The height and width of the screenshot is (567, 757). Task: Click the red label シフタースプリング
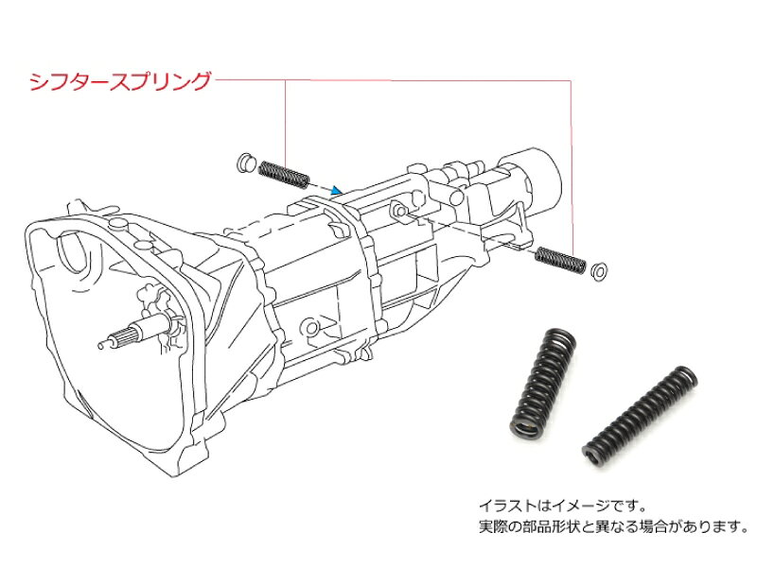[x=121, y=81]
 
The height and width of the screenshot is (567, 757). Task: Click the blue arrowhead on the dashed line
[x=337, y=191]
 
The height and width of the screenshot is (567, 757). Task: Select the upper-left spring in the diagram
[x=285, y=174]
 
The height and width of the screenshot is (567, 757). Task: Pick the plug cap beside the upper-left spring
[x=246, y=163]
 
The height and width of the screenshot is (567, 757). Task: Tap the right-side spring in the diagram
[x=560, y=259]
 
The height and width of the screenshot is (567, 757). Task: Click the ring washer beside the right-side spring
[x=599, y=271]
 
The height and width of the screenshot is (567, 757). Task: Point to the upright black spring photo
[x=543, y=384]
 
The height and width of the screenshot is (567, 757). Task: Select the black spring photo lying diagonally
[x=640, y=417]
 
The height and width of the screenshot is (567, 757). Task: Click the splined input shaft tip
[x=102, y=345]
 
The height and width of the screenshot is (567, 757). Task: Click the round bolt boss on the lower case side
[x=311, y=328]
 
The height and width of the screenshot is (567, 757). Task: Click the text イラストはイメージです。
[x=562, y=506]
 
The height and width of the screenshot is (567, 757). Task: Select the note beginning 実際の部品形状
[x=613, y=526]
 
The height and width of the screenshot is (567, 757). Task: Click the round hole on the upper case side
[x=399, y=210]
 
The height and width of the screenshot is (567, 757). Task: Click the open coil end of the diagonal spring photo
[x=594, y=455]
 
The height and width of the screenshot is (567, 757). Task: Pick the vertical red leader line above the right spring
[x=572, y=168]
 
